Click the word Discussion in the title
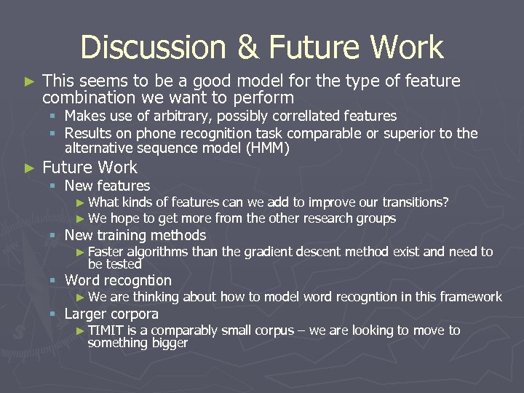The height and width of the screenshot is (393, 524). click(x=154, y=48)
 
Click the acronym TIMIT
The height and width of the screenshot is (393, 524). click(x=106, y=330)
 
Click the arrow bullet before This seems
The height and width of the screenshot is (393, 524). click(x=29, y=82)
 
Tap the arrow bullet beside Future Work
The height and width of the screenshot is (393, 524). click(x=29, y=168)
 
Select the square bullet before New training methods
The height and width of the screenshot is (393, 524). click(x=53, y=236)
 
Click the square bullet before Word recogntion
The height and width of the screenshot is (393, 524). click(x=53, y=281)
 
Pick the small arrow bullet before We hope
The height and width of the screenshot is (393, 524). click(x=81, y=218)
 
